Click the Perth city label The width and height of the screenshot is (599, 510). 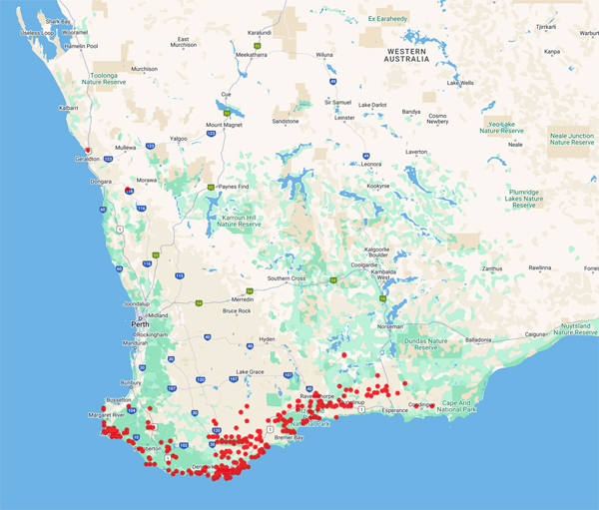(140, 324)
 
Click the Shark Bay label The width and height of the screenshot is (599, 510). (58, 20)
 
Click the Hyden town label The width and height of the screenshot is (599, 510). (267, 339)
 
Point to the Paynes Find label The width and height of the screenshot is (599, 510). (234, 187)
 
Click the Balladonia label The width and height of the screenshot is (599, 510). (478, 339)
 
